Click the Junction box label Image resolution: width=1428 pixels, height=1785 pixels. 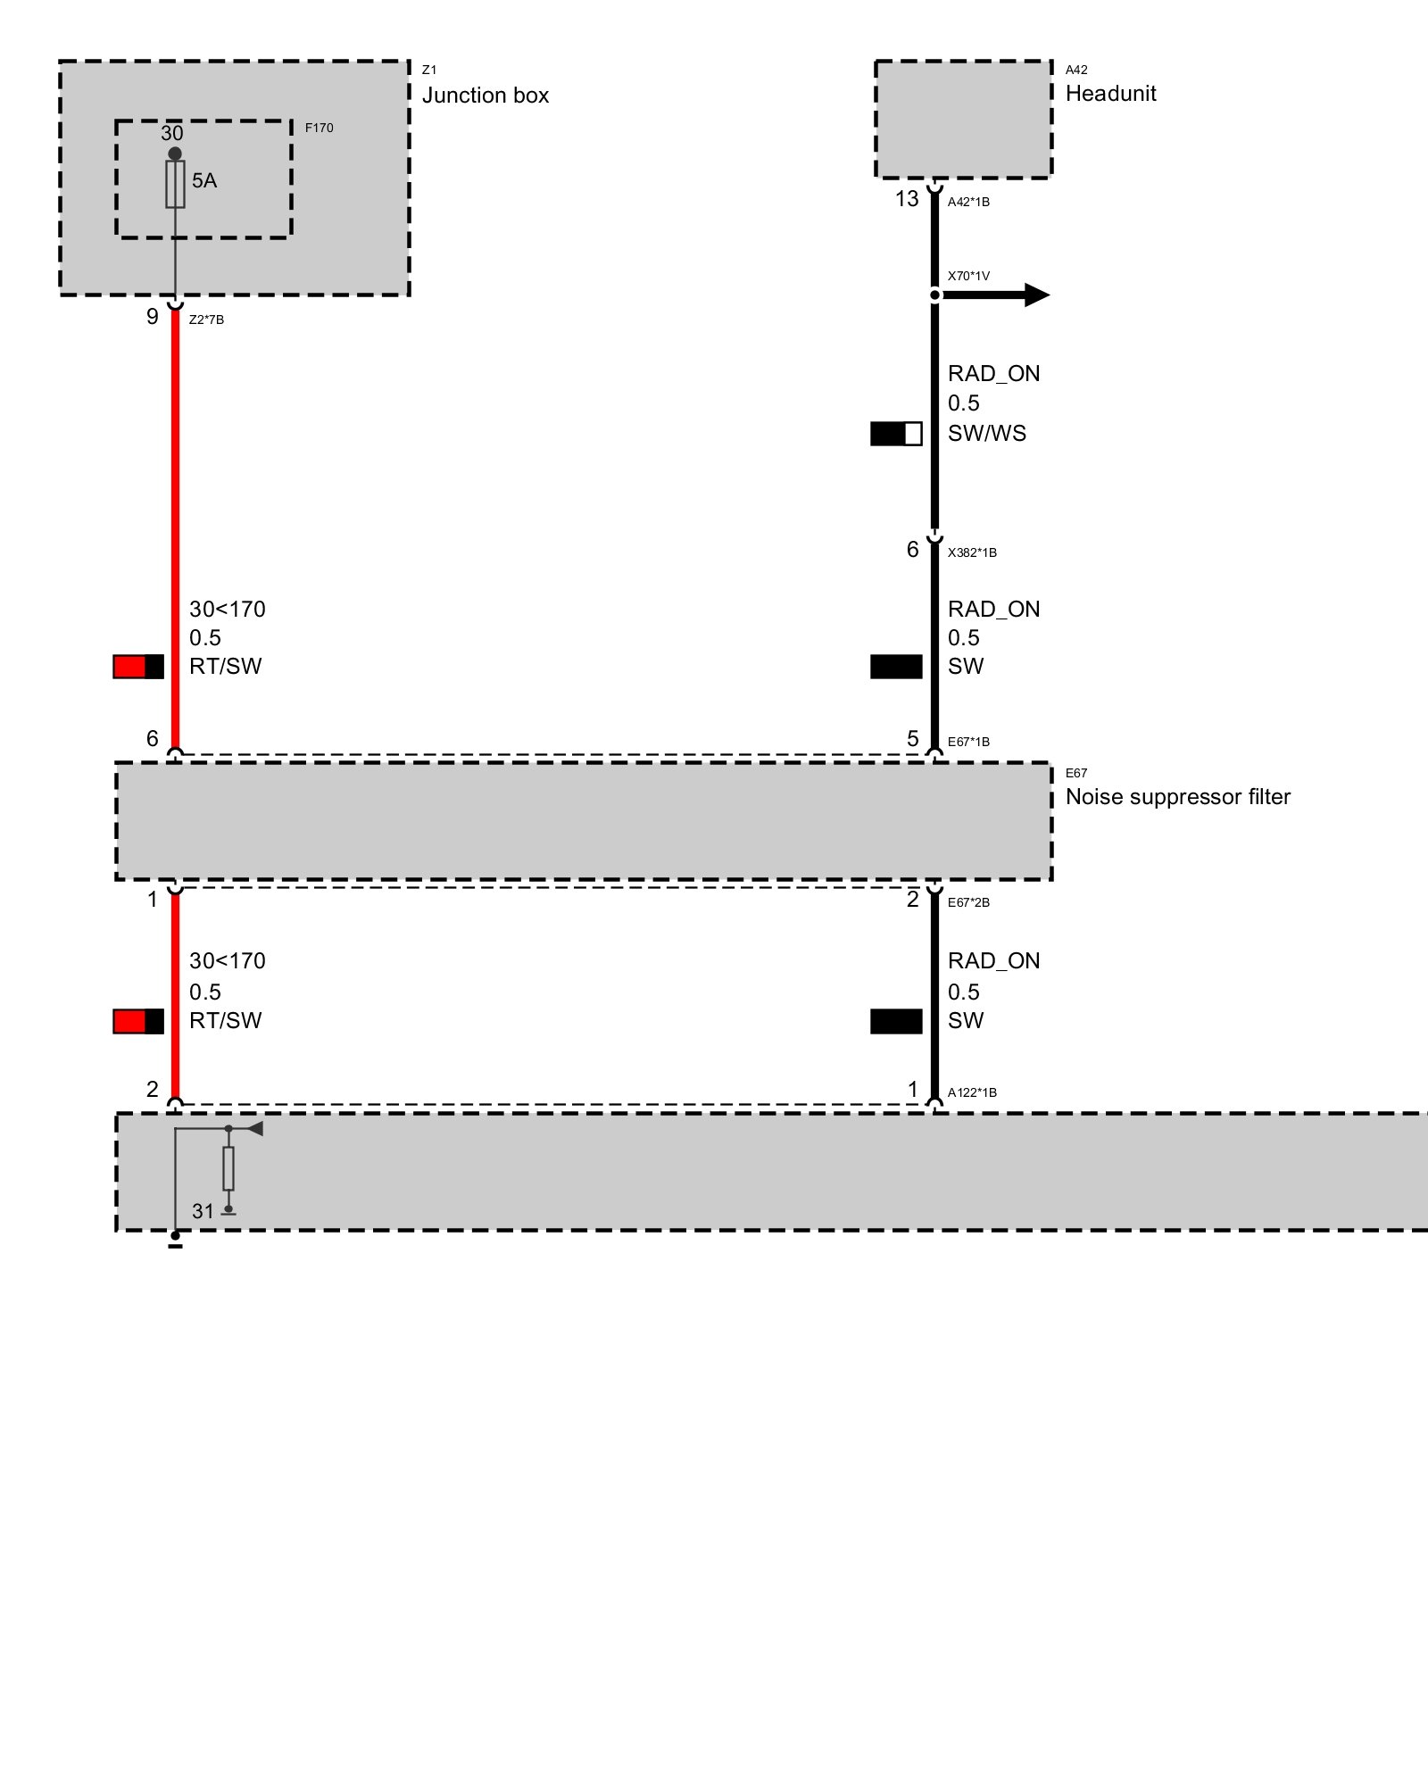click(485, 95)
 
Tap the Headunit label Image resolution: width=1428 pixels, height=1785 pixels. click(1110, 94)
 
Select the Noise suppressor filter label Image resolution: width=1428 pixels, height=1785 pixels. click(1177, 797)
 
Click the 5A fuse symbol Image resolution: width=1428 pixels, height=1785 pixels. click(175, 185)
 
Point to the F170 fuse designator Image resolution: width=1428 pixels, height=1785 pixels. click(319, 128)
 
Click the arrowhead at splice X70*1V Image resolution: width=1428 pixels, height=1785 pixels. click(1036, 295)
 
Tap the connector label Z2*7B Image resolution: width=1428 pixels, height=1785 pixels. click(206, 320)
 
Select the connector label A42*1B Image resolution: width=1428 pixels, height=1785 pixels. click(968, 202)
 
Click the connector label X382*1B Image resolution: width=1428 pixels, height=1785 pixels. click(972, 552)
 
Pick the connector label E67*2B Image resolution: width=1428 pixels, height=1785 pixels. click(968, 902)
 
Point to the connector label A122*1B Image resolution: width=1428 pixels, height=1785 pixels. click(972, 1092)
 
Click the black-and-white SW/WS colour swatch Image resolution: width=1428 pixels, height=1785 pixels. click(896, 434)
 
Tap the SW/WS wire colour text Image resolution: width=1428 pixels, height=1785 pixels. click(986, 434)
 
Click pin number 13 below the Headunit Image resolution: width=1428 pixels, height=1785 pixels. click(907, 199)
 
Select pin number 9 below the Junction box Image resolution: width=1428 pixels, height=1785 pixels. click(153, 317)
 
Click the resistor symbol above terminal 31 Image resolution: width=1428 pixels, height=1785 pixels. click(228, 1168)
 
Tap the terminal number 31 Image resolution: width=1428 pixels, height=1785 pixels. click(203, 1211)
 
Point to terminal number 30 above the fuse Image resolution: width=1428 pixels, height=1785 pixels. click(171, 133)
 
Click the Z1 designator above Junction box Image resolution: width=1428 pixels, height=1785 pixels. click(429, 70)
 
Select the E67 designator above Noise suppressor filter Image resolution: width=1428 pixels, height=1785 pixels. click(1076, 773)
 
